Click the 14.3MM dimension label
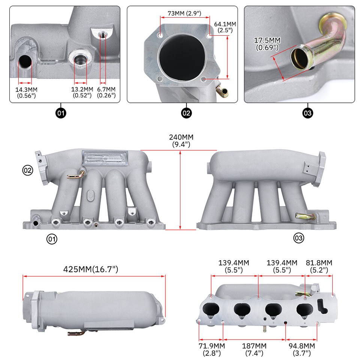(x=26, y=92)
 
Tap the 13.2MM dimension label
(x=82, y=92)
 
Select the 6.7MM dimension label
(x=106, y=92)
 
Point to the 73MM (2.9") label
(x=184, y=13)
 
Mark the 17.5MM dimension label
(x=267, y=44)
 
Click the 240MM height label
(x=181, y=140)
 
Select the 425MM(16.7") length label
(x=91, y=269)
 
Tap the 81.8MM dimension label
(x=319, y=266)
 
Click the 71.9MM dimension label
(x=211, y=349)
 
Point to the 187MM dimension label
(x=254, y=349)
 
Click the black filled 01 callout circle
(x=61, y=113)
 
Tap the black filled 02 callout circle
(x=186, y=113)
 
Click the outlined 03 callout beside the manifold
(x=299, y=238)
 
